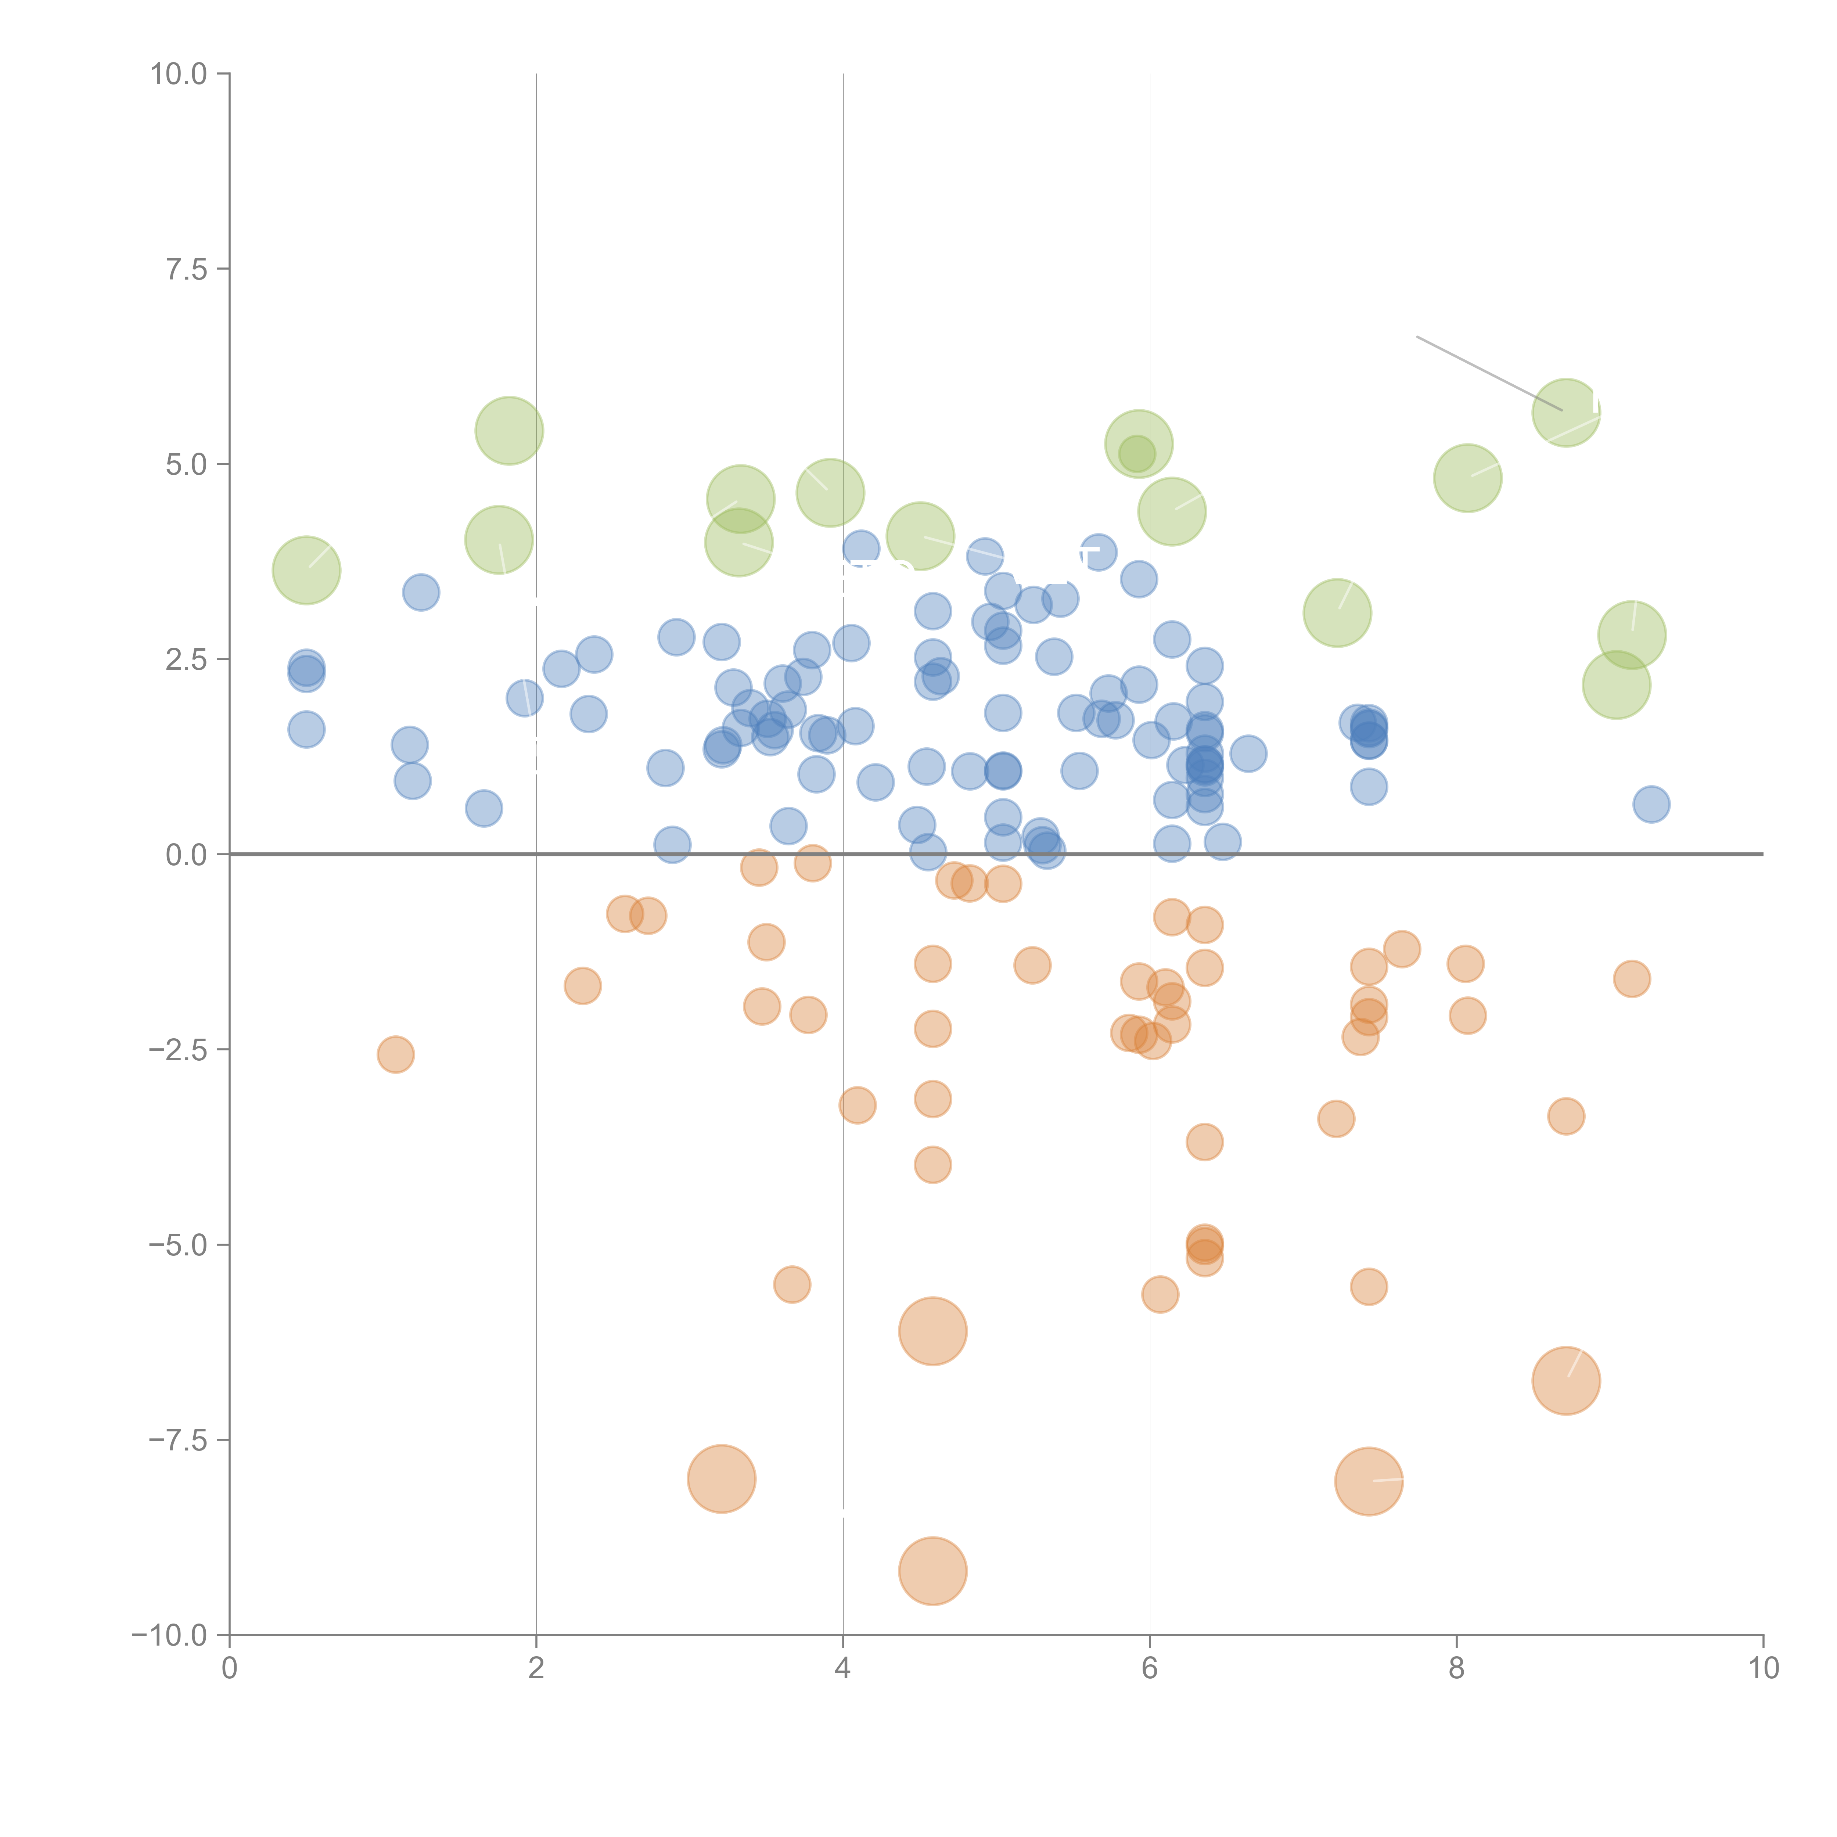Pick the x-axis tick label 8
pos(1457,1669)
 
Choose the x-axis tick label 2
pos(536,1669)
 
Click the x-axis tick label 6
pos(1150,1669)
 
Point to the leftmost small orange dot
pos(396,1053)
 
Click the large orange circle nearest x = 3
pos(722,1478)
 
